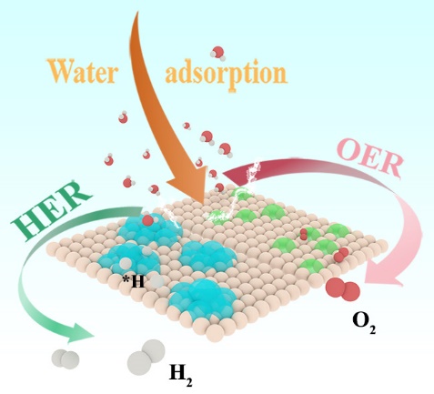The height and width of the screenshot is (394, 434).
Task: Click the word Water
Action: point(82,72)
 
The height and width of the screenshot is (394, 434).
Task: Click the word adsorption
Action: point(226,74)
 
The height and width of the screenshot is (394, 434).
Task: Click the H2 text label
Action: point(181,376)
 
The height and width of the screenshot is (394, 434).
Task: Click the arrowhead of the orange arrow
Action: point(187,188)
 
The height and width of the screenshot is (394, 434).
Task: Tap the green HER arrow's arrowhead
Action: point(81,333)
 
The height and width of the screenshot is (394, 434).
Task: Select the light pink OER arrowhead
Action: point(385,274)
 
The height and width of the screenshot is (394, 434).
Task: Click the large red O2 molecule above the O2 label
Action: point(343,289)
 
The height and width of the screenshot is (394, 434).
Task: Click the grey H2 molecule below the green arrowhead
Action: point(66,359)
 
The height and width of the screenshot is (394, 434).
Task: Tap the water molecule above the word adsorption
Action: point(218,53)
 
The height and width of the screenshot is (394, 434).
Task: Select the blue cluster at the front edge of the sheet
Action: point(202,298)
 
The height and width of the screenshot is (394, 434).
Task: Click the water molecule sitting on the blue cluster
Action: point(147,219)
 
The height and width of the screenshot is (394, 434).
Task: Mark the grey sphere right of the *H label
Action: point(157,281)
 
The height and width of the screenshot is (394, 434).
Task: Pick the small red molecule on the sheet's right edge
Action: point(341,255)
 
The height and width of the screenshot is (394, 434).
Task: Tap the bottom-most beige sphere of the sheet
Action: point(216,333)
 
